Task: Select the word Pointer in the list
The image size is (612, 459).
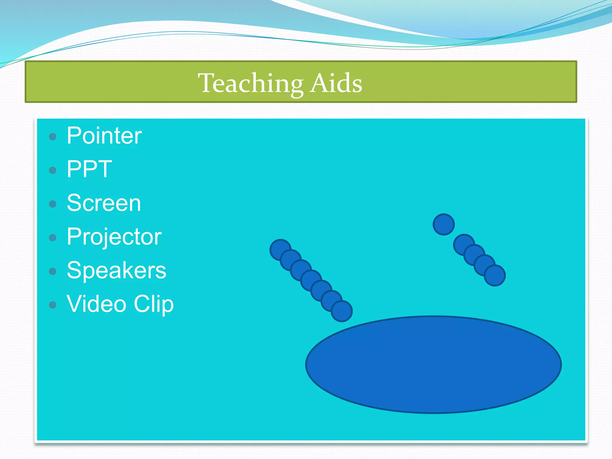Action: click(x=104, y=136)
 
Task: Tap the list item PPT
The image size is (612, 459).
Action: click(x=89, y=169)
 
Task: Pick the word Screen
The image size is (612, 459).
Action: click(x=104, y=203)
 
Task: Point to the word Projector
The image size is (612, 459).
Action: click(x=114, y=237)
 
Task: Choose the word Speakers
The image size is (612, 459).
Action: click(x=116, y=270)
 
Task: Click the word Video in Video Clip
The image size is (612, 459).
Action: click(x=96, y=304)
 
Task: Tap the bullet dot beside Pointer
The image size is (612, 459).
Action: click(x=53, y=137)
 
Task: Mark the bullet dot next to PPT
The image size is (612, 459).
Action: click(x=53, y=170)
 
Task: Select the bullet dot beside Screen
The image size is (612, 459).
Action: click(x=53, y=204)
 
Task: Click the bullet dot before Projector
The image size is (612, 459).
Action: click(x=53, y=238)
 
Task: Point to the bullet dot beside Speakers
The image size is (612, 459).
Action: click(x=53, y=271)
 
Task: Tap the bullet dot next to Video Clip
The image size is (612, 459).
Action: click(x=53, y=305)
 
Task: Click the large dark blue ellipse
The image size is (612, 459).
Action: click(x=433, y=365)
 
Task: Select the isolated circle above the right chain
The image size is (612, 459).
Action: click(x=443, y=224)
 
